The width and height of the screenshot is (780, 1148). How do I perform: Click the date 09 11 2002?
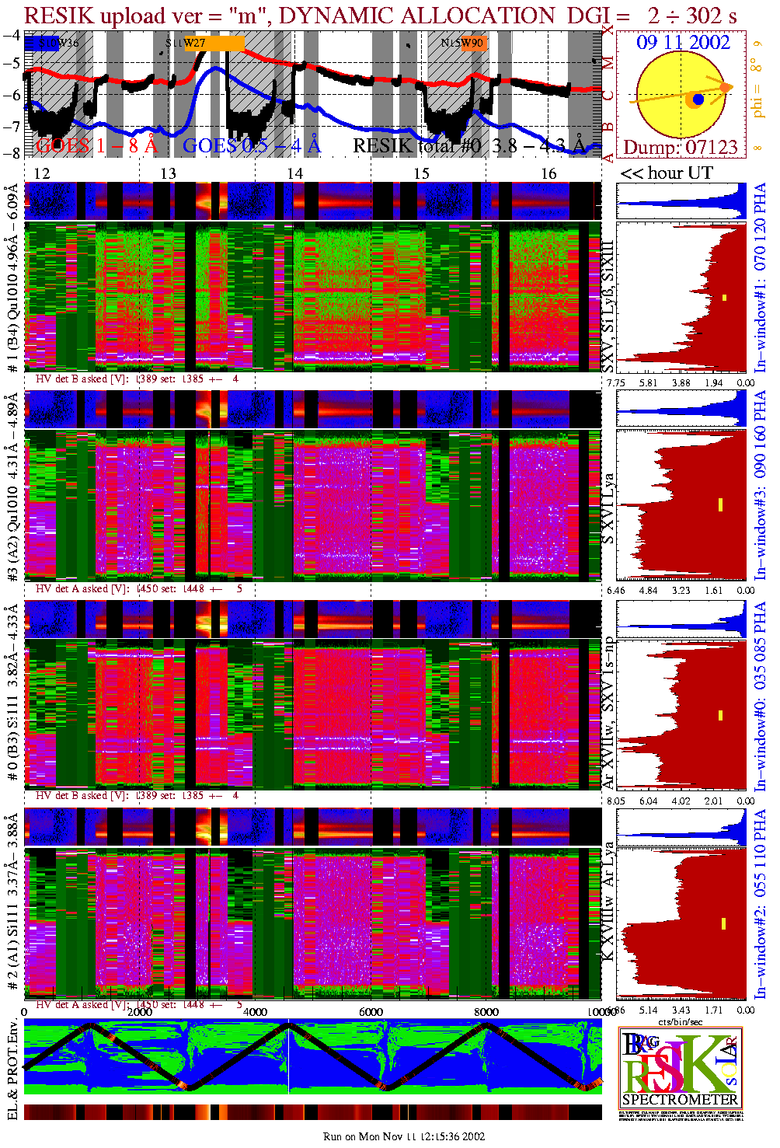click(683, 43)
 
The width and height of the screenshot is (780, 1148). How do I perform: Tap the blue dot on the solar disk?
click(698, 99)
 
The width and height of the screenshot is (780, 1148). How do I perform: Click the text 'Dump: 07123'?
click(680, 147)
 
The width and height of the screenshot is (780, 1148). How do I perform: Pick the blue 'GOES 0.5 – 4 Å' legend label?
click(251, 145)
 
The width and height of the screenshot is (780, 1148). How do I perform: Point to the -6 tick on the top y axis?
click(12, 95)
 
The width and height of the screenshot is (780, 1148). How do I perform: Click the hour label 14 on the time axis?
click(294, 173)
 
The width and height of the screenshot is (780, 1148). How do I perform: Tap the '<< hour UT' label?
click(666, 173)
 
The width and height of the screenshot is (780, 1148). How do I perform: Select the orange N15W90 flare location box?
click(472, 44)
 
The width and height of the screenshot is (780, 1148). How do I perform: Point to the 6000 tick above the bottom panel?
click(371, 1012)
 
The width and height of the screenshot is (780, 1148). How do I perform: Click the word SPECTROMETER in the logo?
click(680, 1099)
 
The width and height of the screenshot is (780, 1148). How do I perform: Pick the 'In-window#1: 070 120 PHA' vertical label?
click(760, 277)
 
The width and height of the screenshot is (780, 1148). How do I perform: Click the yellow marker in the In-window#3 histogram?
click(721, 504)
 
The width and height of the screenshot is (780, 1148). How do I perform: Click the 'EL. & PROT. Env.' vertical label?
click(12, 1070)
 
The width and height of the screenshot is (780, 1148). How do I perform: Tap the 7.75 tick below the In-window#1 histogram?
click(615, 382)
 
